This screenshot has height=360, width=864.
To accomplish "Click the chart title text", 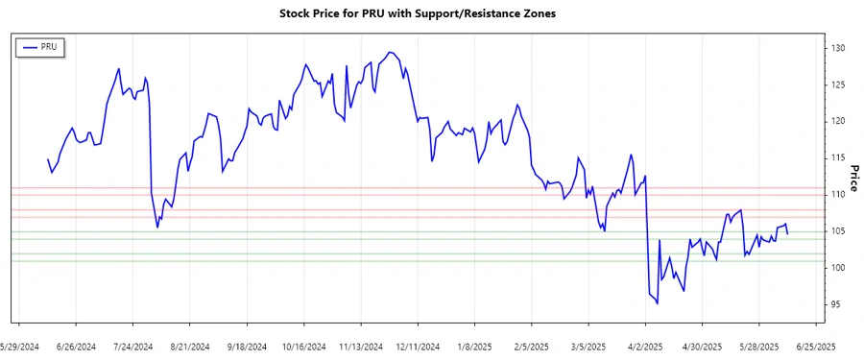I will pyautogui.click(x=417, y=13).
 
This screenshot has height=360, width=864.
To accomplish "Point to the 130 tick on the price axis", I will pyautogui.click(x=837, y=48).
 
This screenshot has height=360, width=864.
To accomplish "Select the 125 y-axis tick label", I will pyautogui.click(x=837, y=84).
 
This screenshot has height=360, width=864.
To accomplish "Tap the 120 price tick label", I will pyautogui.click(x=837, y=121).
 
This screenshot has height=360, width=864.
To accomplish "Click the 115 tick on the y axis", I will pyautogui.click(x=837, y=157).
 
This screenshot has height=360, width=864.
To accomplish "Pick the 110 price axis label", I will pyautogui.click(x=837, y=194).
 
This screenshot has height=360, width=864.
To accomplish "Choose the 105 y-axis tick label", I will pyautogui.click(x=837, y=230).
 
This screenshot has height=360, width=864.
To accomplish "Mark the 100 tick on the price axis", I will pyautogui.click(x=837, y=268).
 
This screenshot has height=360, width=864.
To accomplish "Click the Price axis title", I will pyautogui.click(x=853, y=177).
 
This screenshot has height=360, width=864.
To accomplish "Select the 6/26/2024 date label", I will pyautogui.click(x=76, y=346).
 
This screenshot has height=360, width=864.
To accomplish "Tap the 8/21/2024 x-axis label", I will pyautogui.click(x=190, y=346).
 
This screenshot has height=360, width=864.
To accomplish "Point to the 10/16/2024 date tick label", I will pyautogui.click(x=304, y=346).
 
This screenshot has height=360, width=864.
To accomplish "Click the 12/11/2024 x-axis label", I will pyautogui.click(x=418, y=346).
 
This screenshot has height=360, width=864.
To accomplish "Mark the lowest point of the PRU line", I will pyautogui.click(x=658, y=303).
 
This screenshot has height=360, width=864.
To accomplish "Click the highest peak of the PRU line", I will pyautogui.click(x=390, y=52).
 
